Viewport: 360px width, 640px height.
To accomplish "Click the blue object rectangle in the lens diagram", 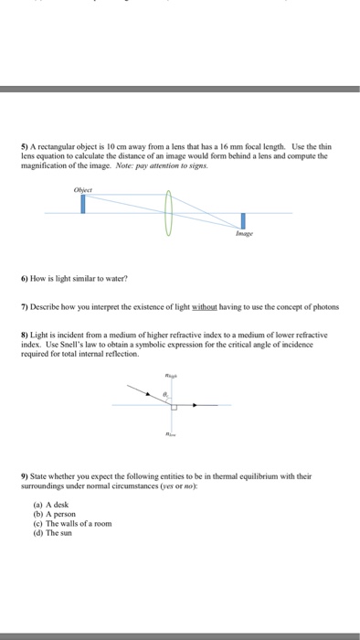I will tap(83, 203).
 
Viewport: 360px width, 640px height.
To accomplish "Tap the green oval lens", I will tap(166, 213).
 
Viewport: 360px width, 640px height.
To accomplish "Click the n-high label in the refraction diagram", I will tap(169, 374).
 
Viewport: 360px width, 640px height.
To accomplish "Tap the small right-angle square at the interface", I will tap(174, 408).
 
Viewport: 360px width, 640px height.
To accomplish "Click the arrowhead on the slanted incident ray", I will tap(142, 391).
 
